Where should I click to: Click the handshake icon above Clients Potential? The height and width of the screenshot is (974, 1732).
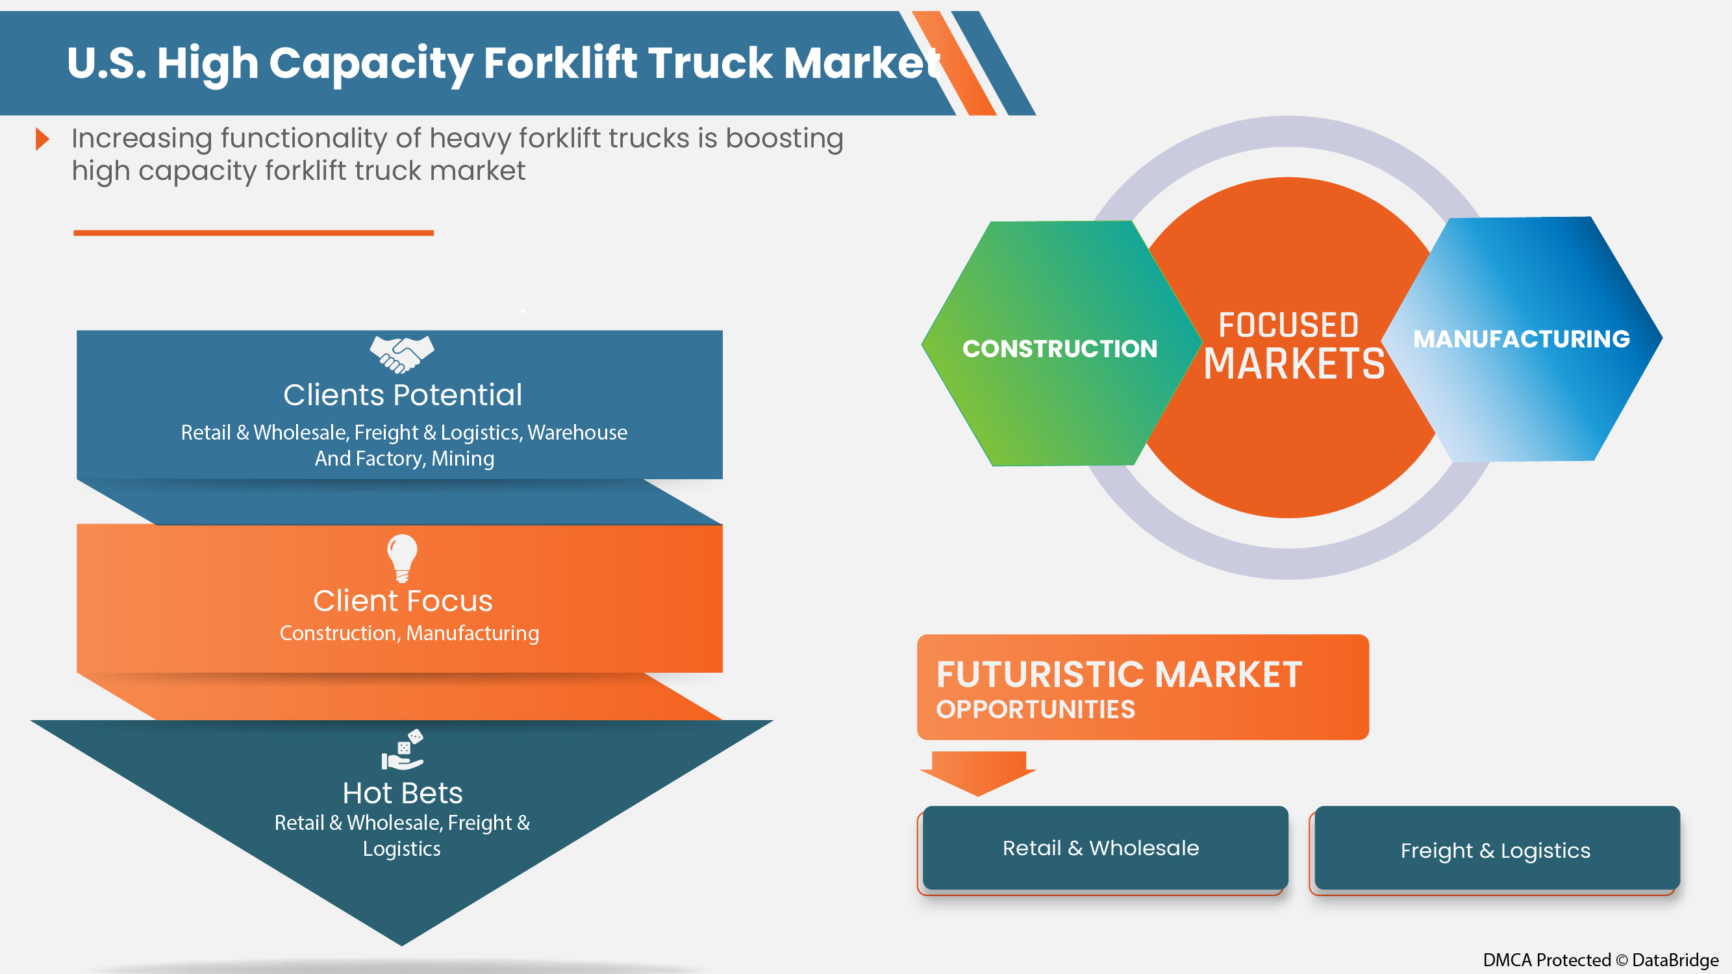(402, 355)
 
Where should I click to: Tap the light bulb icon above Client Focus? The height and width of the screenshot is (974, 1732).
(402, 558)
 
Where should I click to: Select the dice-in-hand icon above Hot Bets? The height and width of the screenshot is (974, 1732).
(402, 749)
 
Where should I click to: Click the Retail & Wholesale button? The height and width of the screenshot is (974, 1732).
(1105, 847)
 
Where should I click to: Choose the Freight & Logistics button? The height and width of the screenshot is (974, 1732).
(1497, 848)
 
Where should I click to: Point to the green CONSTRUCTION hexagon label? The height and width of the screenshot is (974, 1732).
(1060, 348)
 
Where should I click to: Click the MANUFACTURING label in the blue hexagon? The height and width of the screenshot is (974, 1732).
(1522, 339)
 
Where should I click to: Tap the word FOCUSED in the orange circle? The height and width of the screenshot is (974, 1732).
(1288, 325)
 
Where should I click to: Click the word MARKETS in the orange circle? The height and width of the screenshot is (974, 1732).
(1294, 364)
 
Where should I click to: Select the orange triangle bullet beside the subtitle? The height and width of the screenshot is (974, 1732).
(42, 139)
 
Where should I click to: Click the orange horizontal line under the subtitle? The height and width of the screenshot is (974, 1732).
(253, 232)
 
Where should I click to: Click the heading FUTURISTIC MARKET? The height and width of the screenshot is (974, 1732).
(1119, 674)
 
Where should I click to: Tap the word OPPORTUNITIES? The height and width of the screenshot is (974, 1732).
(1035, 709)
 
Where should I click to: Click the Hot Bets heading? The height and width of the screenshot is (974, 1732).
(402, 793)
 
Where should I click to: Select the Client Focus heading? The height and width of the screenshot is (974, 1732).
(403, 600)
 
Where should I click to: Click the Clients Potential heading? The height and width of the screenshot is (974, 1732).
(403, 395)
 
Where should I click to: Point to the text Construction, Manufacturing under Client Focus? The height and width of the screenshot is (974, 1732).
(408, 633)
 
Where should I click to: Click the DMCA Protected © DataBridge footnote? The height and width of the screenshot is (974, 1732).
(1601, 960)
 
